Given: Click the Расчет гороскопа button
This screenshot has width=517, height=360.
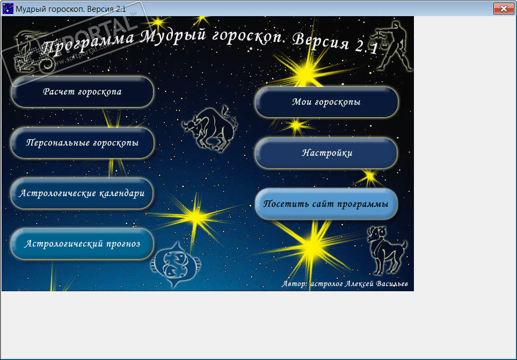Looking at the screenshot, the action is (82, 92).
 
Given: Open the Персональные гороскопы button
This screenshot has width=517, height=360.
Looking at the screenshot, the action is (82, 143).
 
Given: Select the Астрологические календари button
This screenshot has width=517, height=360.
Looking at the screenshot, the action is (82, 193).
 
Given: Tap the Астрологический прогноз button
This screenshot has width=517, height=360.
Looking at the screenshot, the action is (82, 244).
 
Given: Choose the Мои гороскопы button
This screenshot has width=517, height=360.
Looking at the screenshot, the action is (326, 102).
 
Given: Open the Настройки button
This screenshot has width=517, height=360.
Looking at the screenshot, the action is (326, 153).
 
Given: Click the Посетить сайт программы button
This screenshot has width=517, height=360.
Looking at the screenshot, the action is (326, 204).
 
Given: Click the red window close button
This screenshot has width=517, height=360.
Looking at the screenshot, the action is (504, 9).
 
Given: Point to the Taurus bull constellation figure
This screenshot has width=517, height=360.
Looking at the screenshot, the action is (210, 129).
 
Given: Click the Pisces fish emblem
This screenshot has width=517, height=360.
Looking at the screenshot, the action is (176, 264).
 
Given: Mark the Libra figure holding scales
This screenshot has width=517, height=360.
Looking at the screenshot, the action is (393, 46).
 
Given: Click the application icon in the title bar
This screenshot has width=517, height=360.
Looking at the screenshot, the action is (8, 9).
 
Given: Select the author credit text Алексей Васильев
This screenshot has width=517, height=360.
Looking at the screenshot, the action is (376, 284).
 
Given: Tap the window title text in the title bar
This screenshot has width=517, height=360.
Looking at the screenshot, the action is (71, 9).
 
